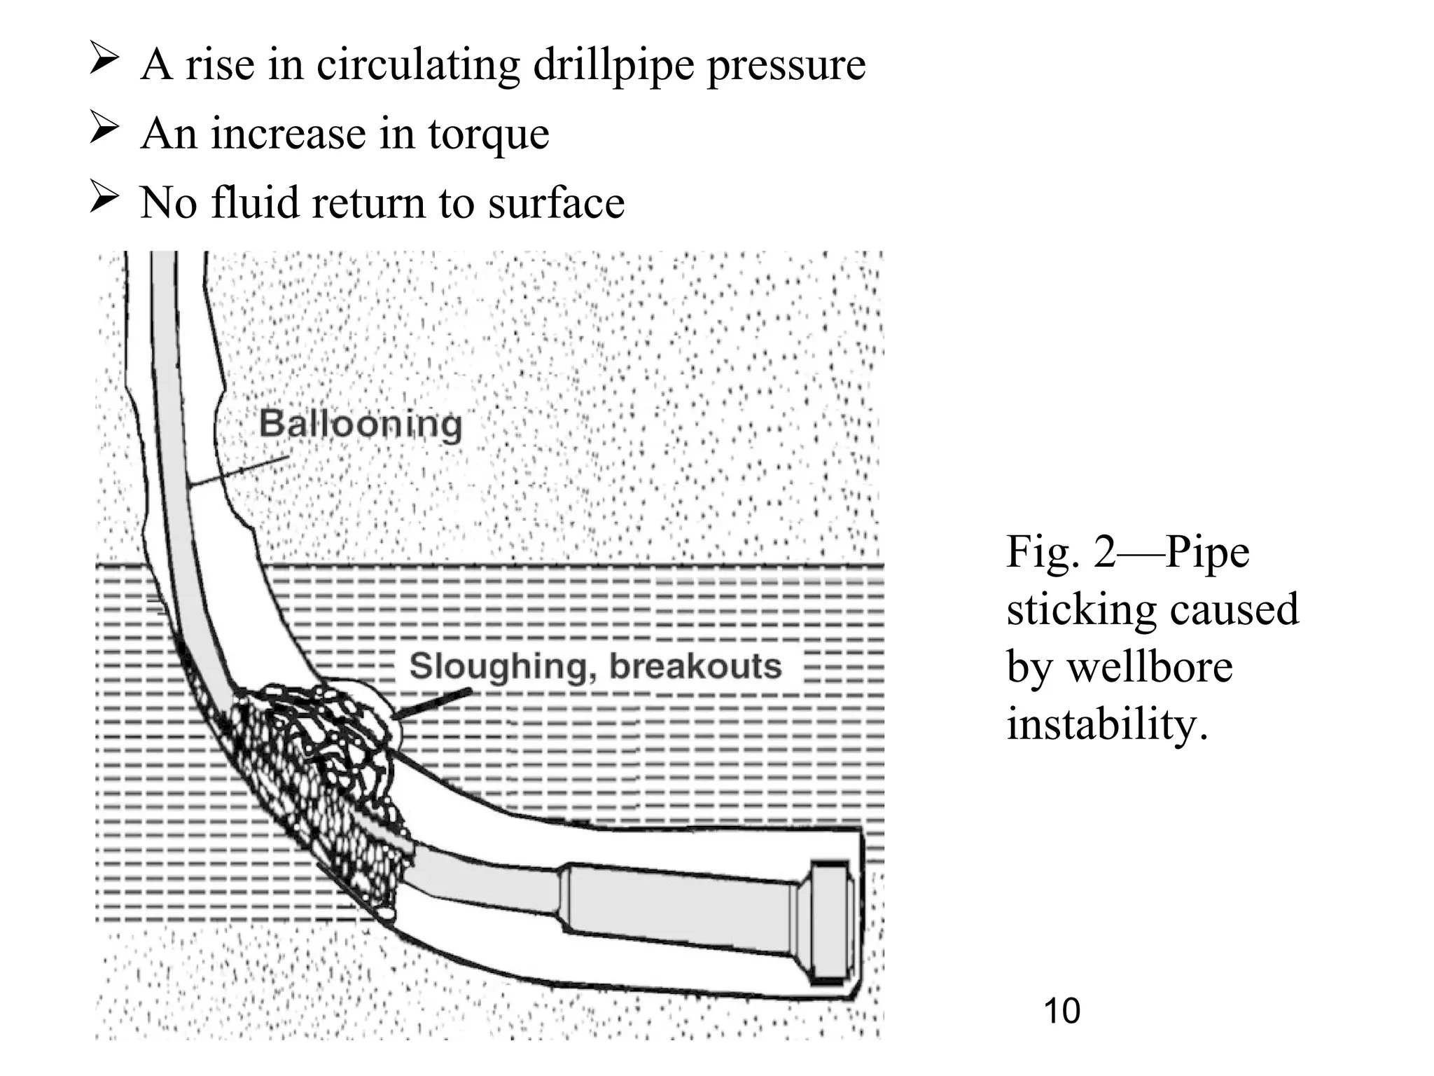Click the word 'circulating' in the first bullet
tap(417, 64)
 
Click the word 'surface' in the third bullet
tap(555, 203)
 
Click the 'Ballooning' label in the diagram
tap(361, 425)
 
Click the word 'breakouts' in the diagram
tap(695, 666)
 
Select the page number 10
tap(1061, 1011)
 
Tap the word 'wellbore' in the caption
tap(1149, 666)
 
